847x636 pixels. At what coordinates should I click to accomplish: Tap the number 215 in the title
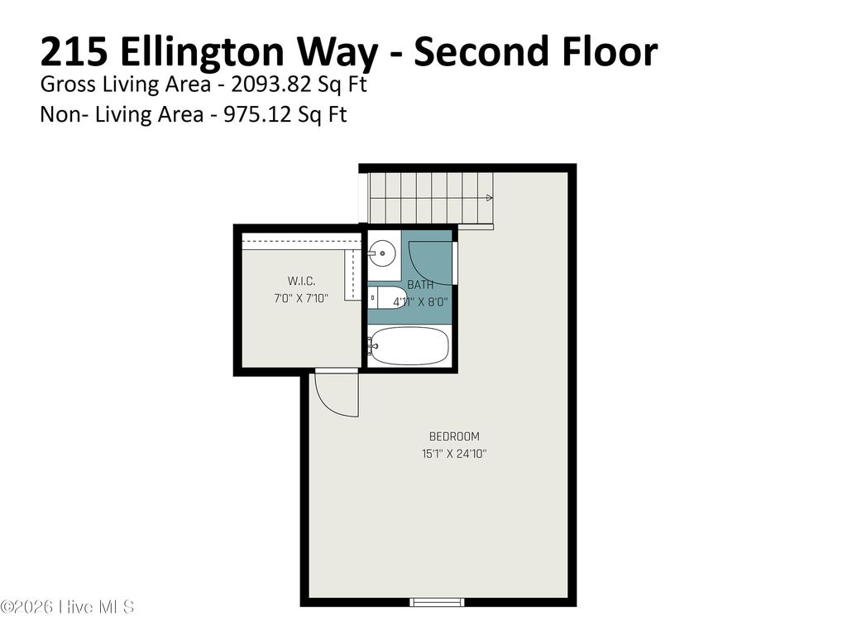click(x=74, y=52)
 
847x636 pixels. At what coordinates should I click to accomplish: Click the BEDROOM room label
click(x=453, y=436)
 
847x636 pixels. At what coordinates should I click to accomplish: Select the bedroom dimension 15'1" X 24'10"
click(x=453, y=454)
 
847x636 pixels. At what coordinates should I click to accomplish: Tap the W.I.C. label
click(x=301, y=281)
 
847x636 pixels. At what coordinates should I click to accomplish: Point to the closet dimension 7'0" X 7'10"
click(x=301, y=298)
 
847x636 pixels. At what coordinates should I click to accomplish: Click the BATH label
click(x=420, y=285)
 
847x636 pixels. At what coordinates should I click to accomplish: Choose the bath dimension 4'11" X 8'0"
click(x=420, y=302)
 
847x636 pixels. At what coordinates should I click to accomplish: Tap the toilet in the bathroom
click(x=385, y=298)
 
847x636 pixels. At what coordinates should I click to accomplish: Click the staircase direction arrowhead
click(x=490, y=198)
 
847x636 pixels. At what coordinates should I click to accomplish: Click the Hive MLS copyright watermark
click(x=68, y=607)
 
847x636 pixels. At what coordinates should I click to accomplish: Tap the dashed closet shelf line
click(x=298, y=241)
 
